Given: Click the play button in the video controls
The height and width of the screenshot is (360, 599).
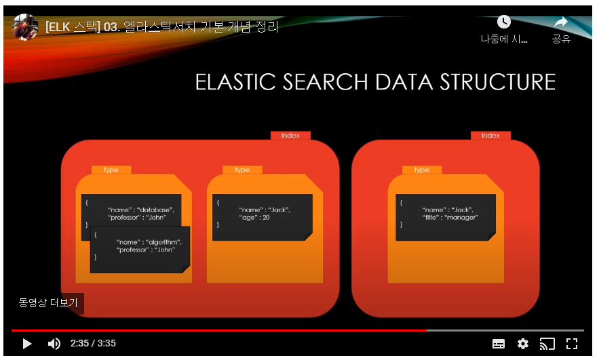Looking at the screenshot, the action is tap(27, 344).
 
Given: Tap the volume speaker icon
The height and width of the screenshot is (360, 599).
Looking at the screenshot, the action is tap(54, 344).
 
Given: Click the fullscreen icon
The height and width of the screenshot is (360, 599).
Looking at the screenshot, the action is tap(571, 344).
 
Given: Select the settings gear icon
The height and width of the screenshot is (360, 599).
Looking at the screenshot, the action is tap(522, 344).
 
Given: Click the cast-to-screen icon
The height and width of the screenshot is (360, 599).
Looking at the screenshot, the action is tap(547, 344).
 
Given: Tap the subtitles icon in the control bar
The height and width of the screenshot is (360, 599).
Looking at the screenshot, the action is tap(499, 344).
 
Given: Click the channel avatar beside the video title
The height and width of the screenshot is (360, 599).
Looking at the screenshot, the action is tap(25, 28).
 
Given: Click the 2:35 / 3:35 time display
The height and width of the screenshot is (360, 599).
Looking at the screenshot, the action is tap(94, 344).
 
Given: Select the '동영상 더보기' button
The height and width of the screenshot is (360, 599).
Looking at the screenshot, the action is tap(48, 303).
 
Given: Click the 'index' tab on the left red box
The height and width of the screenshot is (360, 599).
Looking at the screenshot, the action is tap(290, 136).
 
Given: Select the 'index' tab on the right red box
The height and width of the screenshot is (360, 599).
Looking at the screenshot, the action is tap(490, 136).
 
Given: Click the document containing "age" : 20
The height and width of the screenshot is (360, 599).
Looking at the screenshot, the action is tap(262, 217).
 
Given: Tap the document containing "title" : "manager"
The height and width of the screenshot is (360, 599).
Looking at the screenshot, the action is tap(446, 217).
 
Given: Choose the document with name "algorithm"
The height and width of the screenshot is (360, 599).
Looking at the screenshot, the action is tap(140, 250).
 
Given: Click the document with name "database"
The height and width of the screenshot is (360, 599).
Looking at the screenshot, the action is tap(131, 207).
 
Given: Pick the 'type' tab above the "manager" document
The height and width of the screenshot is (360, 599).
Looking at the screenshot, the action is tap(421, 170).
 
